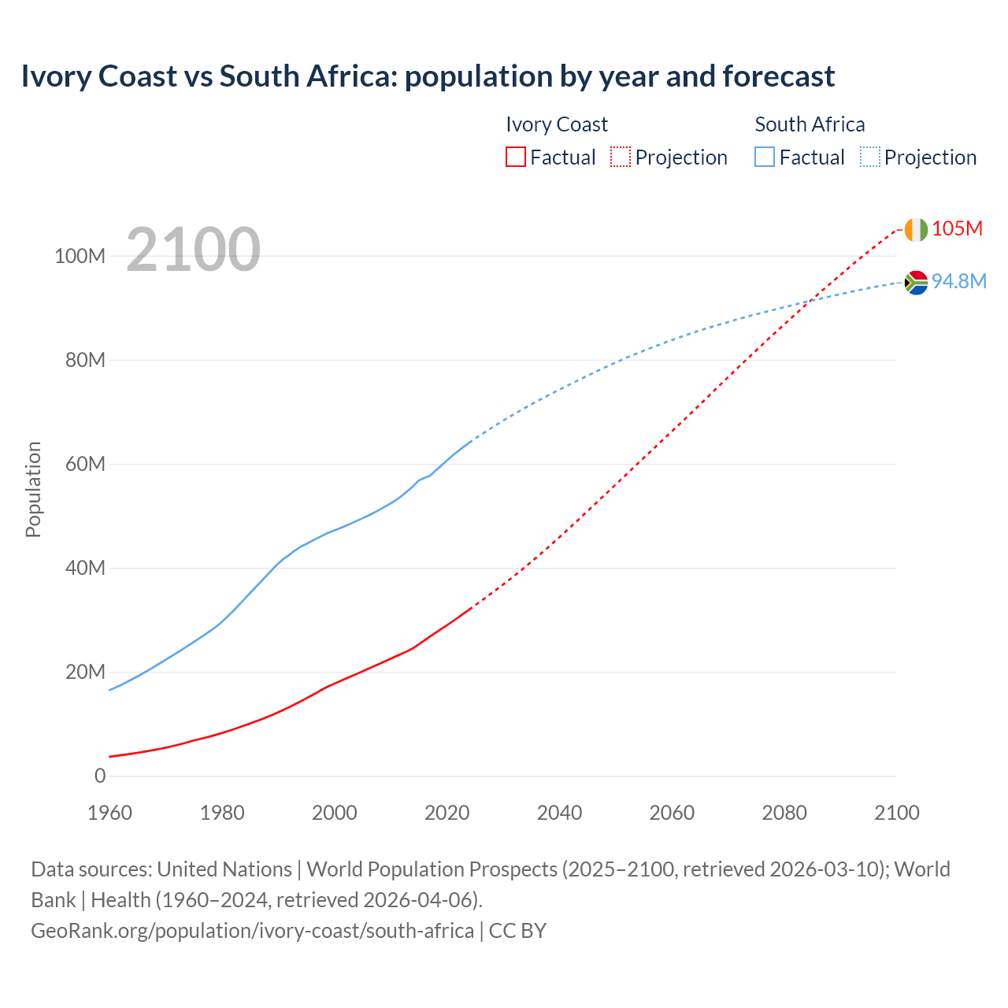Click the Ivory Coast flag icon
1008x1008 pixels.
pyautogui.click(x=916, y=229)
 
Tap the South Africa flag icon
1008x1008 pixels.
pyautogui.click(x=916, y=282)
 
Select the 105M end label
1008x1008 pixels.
pyautogui.click(x=957, y=229)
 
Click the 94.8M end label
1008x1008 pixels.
pyautogui.click(x=958, y=282)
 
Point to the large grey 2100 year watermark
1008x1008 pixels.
pyautogui.click(x=193, y=250)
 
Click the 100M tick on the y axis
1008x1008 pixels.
pyautogui.click(x=80, y=257)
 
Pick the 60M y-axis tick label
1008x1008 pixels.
pyautogui.click(x=85, y=465)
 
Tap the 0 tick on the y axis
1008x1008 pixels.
pyautogui.click(x=100, y=776)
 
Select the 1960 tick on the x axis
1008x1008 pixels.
pyautogui.click(x=109, y=813)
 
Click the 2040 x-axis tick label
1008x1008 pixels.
pyautogui.click(x=559, y=813)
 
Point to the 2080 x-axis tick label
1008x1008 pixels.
pyautogui.click(x=784, y=813)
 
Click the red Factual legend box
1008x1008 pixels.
pyautogui.click(x=515, y=157)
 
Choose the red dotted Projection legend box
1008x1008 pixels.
pyautogui.click(x=621, y=157)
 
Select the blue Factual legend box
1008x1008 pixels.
pyautogui.click(x=765, y=157)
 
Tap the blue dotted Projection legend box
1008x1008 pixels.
pyautogui.click(x=869, y=157)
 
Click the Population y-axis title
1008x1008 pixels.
pyautogui.click(x=33, y=490)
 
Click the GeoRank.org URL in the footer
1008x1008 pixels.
pyautogui.click(x=252, y=931)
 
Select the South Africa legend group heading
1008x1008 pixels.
pyautogui.click(x=810, y=124)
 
